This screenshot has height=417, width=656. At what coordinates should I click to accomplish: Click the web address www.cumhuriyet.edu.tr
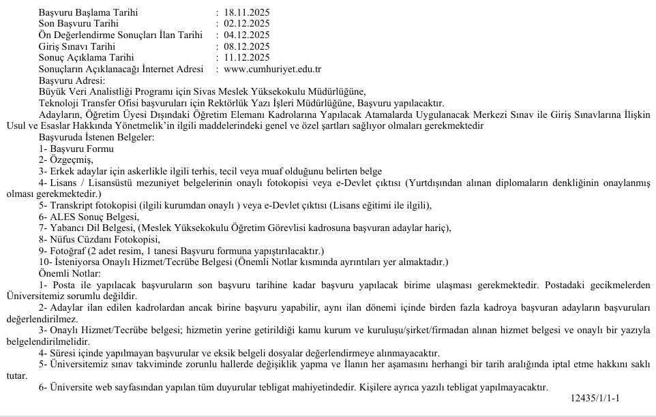(272, 69)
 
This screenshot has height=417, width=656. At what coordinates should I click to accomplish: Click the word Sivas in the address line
(252, 92)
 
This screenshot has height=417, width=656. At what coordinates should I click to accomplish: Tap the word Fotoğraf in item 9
(66, 250)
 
